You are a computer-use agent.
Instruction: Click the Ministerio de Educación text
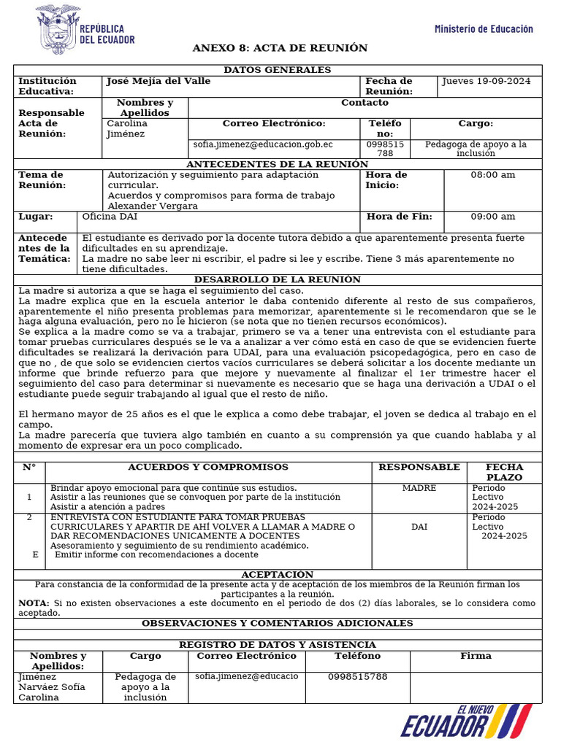coord(484,29)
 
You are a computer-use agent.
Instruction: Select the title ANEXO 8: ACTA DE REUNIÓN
coord(280,48)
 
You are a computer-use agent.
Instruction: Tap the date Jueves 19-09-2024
coord(487,81)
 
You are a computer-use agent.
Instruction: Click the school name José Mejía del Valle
coord(159,81)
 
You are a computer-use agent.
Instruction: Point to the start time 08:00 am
coord(492,175)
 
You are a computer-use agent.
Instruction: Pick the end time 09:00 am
coord(492,217)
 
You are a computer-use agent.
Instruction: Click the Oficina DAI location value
coord(110,217)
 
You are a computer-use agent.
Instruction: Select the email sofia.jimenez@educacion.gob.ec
coord(263,144)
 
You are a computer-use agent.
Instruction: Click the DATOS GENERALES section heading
coord(277,70)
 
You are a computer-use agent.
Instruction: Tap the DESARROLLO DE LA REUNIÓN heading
coord(277,279)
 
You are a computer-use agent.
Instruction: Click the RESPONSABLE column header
coord(419,467)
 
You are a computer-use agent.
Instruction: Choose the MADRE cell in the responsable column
coord(419,488)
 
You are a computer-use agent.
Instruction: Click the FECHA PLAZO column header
coord(504,472)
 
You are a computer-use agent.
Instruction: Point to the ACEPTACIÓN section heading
coord(277,575)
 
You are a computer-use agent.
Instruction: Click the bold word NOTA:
coord(34,603)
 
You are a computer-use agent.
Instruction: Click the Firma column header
coord(476,656)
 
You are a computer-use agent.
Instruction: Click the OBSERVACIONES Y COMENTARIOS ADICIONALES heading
coord(277,624)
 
